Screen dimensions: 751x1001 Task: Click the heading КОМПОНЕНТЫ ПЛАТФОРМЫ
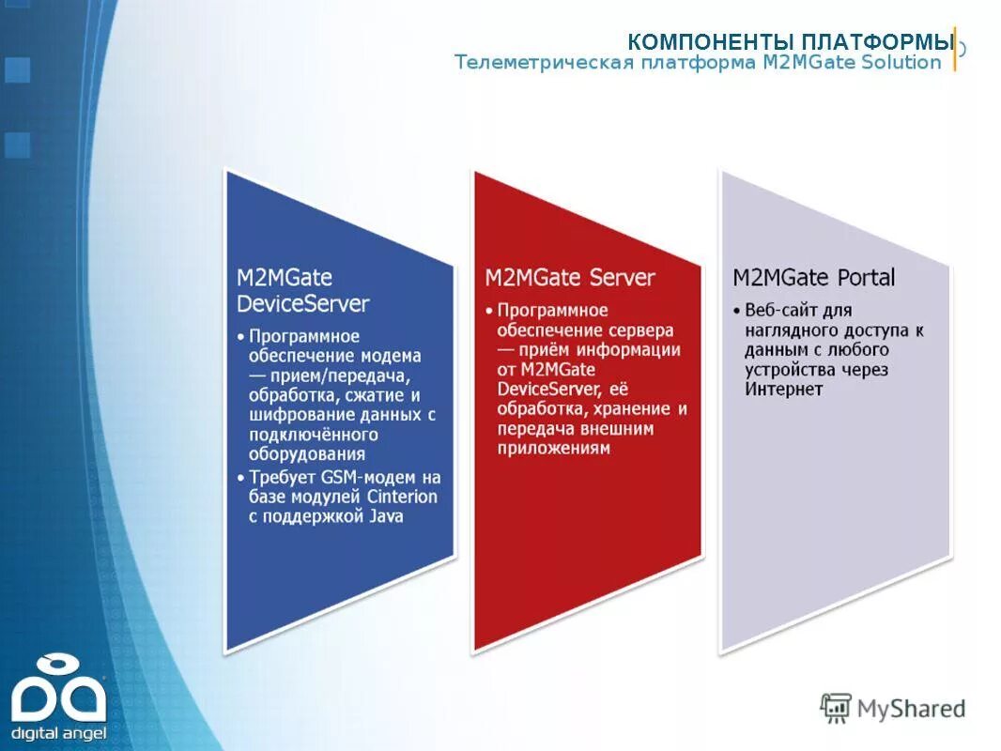tap(790, 42)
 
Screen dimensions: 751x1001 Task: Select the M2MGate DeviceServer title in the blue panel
tap(302, 291)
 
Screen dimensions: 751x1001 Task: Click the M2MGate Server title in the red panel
tap(569, 278)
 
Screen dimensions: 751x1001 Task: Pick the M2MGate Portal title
tap(813, 278)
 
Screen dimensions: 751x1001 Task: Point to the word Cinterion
tap(401, 497)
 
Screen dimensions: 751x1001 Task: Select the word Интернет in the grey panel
tap(784, 390)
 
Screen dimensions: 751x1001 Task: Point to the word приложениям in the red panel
tap(553, 449)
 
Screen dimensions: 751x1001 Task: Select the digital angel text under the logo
tap(58, 731)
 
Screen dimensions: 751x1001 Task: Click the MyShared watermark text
tap(910, 709)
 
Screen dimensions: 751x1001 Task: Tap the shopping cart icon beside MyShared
tap(835, 708)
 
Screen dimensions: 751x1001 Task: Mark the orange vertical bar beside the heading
tap(955, 49)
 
